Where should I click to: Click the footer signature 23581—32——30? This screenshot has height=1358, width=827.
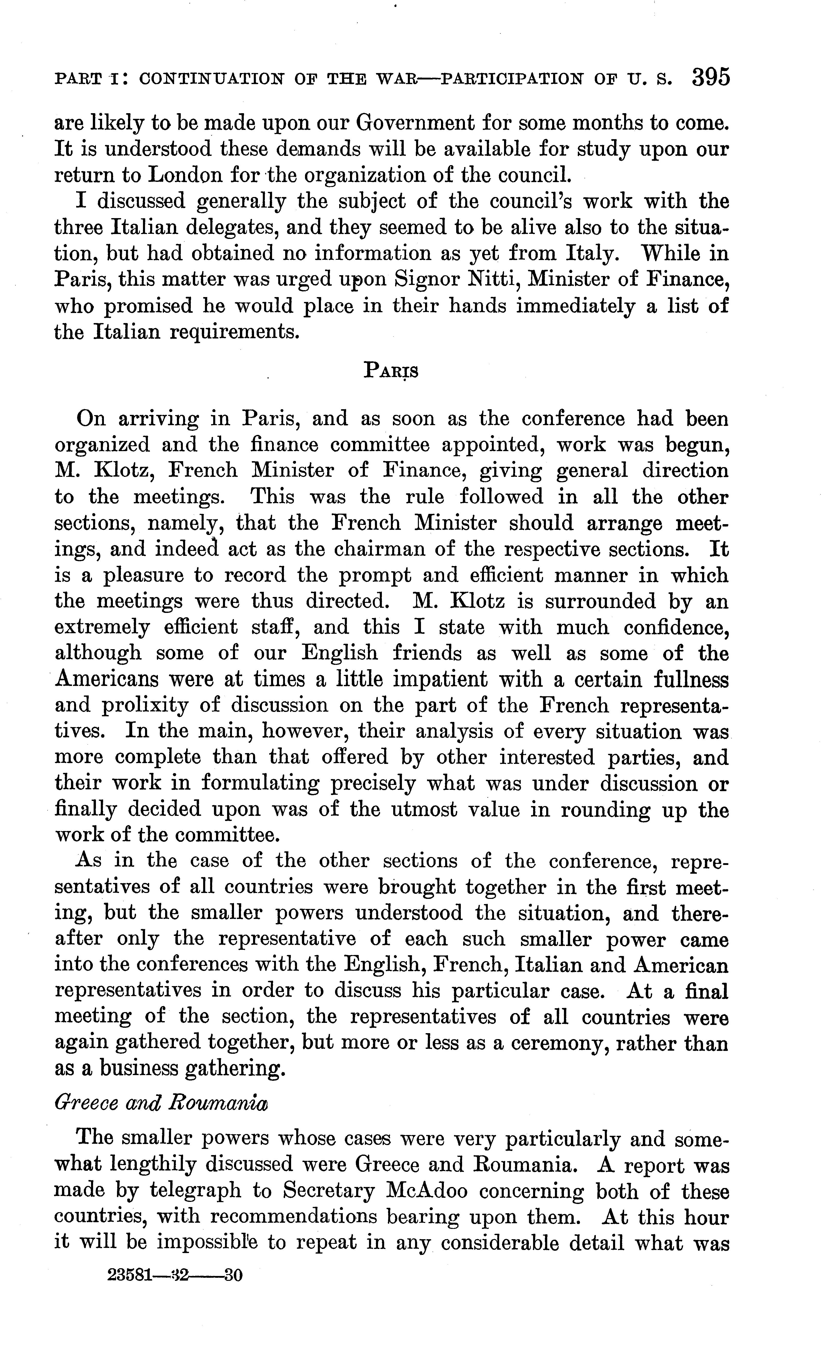pyautogui.click(x=175, y=1275)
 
